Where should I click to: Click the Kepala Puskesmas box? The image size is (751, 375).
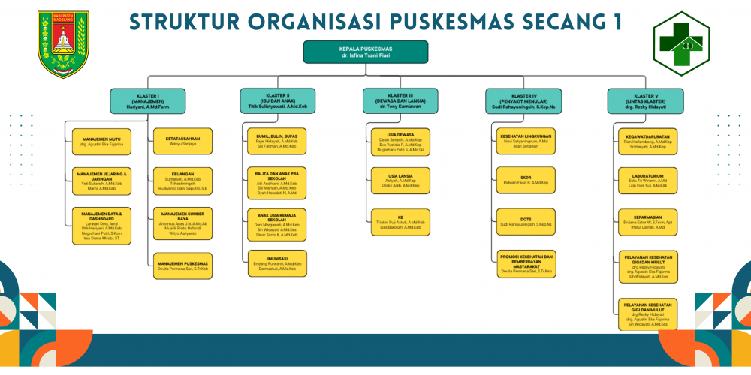[366, 52]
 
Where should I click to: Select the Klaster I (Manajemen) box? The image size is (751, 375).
[148, 100]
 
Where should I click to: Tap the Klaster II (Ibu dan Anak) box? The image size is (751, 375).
[278, 100]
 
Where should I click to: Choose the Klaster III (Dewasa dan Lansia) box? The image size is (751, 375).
[400, 100]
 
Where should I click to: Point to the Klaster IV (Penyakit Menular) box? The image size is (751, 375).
[523, 100]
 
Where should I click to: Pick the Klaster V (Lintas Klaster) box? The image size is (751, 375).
[646, 100]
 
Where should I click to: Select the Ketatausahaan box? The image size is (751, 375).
[182, 141]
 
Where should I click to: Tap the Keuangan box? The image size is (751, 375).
[182, 182]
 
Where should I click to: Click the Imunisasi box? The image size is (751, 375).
[277, 263]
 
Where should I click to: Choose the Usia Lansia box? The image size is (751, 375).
[400, 181]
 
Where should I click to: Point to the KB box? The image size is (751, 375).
[400, 222]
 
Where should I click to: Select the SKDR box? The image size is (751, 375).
[526, 180]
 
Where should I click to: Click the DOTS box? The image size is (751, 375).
[526, 221]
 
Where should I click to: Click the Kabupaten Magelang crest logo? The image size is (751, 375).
[63, 43]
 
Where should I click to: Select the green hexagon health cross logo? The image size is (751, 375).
[681, 44]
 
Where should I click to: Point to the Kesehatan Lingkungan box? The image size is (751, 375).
[526, 141]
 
